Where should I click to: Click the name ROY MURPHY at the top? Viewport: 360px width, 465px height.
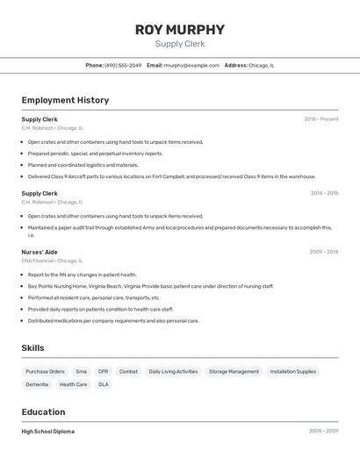pyautogui.click(x=179, y=30)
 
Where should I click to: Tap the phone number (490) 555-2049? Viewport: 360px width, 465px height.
pyautogui.click(x=123, y=65)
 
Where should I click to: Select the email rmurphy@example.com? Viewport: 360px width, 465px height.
pyautogui.click(x=191, y=65)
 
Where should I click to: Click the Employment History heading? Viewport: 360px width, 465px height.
pyautogui.click(x=65, y=100)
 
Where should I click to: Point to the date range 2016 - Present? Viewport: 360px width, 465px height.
pyautogui.click(x=320, y=118)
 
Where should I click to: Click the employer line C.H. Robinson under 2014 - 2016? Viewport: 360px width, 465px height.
pyautogui.click(x=52, y=202)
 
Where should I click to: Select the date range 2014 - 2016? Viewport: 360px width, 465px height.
pyautogui.click(x=324, y=193)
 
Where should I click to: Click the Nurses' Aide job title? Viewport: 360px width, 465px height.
pyautogui.click(x=40, y=252)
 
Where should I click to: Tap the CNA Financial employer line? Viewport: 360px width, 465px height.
pyautogui.click(x=52, y=261)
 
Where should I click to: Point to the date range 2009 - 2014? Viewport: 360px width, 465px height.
pyautogui.click(x=324, y=252)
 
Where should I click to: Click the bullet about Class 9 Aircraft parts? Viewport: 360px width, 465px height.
pyautogui.click(x=171, y=176)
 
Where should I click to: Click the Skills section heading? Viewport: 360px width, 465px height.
pyautogui.click(x=32, y=348)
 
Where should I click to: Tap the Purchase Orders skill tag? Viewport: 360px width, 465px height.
pyautogui.click(x=45, y=371)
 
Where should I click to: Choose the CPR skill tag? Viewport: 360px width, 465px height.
pyautogui.click(x=104, y=371)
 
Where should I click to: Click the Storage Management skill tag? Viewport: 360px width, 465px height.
pyautogui.click(x=234, y=371)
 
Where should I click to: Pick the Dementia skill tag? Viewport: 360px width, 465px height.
pyautogui.click(x=37, y=384)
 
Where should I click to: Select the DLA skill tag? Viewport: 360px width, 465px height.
pyautogui.click(x=104, y=384)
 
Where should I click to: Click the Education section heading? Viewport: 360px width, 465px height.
pyautogui.click(x=43, y=412)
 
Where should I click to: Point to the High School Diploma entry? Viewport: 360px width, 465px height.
pyautogui.click(x=47, y=432)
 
